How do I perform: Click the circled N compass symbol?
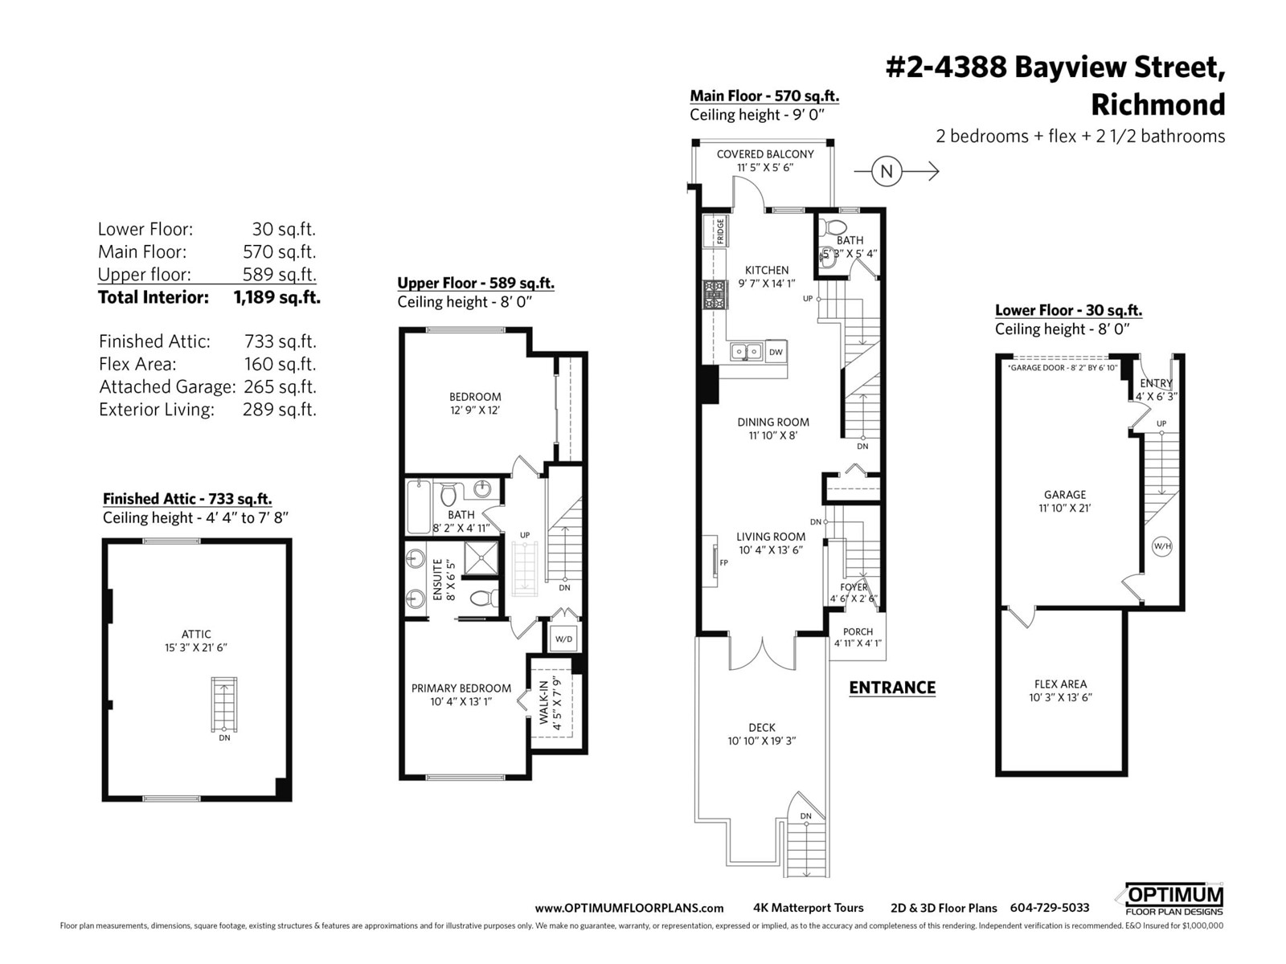[887, 171]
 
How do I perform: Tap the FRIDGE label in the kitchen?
[720, 232]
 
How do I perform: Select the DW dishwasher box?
[776, 352]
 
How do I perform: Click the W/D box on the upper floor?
[563, 639]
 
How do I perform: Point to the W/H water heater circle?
[1162, 547]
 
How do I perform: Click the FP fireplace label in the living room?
[723, 562]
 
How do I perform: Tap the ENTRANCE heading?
[892, 688]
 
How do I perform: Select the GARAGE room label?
[1064, 495]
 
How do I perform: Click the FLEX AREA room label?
[1060, 684]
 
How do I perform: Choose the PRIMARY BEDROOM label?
[461, 688]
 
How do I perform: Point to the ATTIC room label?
[196, 634]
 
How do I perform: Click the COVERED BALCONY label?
[765, 154]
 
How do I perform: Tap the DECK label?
[762, 728]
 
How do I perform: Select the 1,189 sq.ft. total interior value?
[277, 297]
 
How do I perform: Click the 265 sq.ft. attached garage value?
[280, 387]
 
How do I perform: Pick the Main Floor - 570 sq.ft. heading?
[764, 96]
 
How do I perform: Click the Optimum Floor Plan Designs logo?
[1173, 900]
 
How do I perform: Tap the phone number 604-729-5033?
[1050, 908]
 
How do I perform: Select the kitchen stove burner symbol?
[713, 295]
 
